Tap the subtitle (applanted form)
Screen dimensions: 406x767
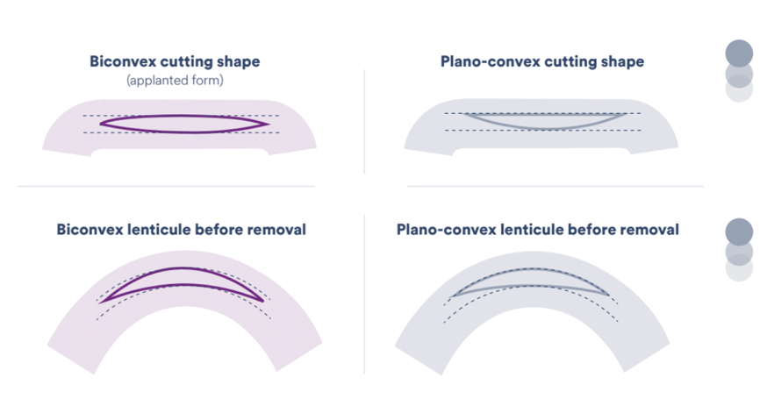coord(175,81)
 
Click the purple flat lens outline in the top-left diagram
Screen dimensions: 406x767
coord(184,116)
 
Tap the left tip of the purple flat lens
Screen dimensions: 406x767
coord(102,124)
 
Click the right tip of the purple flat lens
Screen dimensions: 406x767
coord(267,124)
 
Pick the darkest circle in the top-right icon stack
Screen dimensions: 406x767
coord(739,52)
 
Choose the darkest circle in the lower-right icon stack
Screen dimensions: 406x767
coord(739,231)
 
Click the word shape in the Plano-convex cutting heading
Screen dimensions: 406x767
coord(623,62)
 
